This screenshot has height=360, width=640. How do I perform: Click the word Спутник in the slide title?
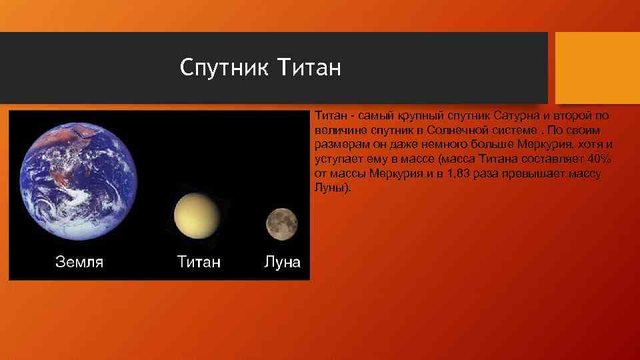[x=224, y=67]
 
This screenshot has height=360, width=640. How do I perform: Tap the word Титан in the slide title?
[x=309, y=67]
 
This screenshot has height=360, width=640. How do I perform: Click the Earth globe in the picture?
[x=79, y=181]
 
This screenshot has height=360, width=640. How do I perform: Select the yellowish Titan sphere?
[x=197, y=215]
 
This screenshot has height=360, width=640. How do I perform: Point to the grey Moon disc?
[x=281, y=224]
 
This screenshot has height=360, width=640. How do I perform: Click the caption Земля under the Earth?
[x=79, y=261]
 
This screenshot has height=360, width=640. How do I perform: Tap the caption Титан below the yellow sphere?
[x=199, y=261]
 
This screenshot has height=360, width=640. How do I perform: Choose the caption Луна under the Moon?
[x=282, y=261]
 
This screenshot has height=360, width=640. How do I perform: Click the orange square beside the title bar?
[x=597, y=68]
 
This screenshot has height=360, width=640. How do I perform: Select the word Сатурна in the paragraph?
[x=516, y=115]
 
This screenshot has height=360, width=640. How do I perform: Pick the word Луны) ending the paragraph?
[x=333, y=188]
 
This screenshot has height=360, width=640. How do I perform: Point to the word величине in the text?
[x=341, y=130]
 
